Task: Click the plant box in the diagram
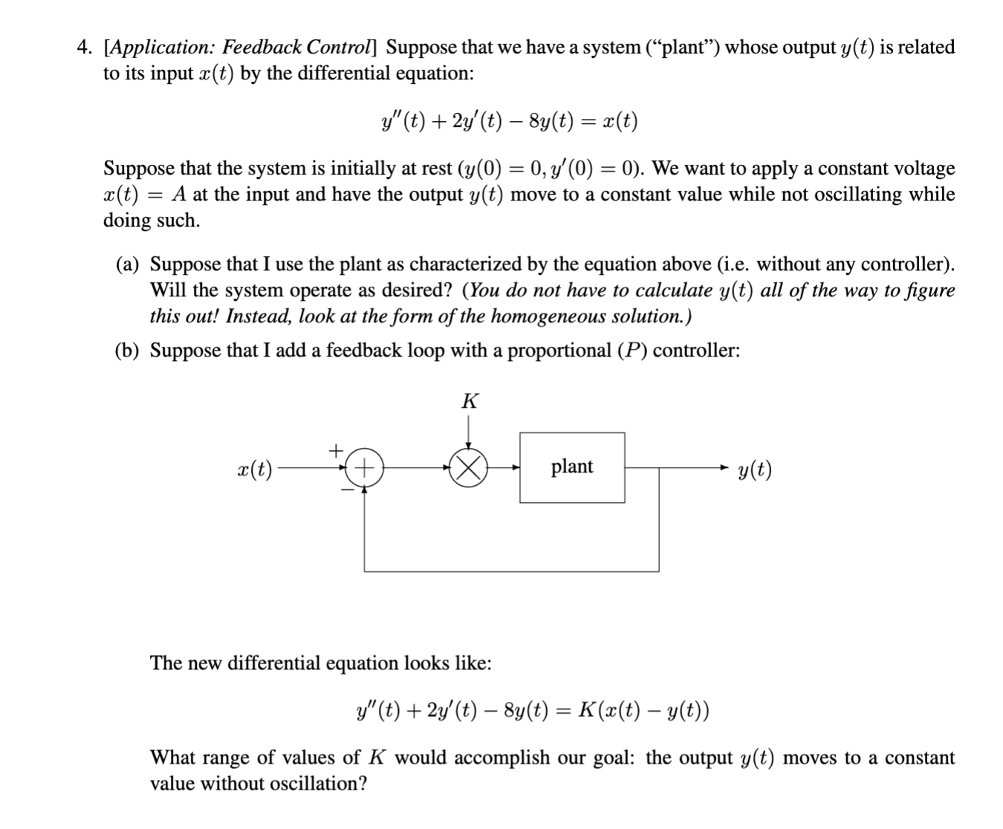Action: click(x=571, y=467)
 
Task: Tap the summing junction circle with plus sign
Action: click(x=364, y=468)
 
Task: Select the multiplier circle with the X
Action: click(x=467, y=468)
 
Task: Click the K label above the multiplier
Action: click(x=469, y=402)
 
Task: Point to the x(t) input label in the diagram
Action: click(x=254, y=469)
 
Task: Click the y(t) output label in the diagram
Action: click(x=755, y=469)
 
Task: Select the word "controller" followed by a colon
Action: click(x=695, y=351)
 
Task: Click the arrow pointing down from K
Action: click(x=468, y=432)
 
